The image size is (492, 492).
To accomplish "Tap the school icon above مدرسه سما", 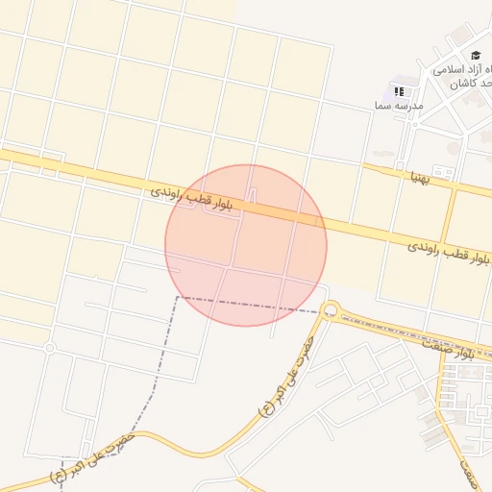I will tap(398, 90).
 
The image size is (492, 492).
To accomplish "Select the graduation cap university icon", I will tap(476, 56).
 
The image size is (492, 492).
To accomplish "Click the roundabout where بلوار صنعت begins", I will tap(332, 309).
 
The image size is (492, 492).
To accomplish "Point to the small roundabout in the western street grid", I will tap(49, 347).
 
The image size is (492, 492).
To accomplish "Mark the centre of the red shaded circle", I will tap(246, 245).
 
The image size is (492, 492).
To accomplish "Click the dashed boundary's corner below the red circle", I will tap(177, 298).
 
